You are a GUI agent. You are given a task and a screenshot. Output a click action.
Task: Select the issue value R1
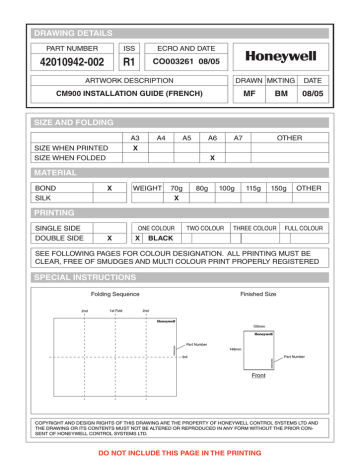click(128, 63)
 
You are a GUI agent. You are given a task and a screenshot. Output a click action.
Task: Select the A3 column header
click(135, 136)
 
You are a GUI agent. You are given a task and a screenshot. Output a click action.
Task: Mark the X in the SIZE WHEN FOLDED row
click(212, 158)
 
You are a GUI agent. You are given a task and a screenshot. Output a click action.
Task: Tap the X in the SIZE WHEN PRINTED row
click(135, 147)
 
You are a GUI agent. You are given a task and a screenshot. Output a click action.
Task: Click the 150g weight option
click(278, 187)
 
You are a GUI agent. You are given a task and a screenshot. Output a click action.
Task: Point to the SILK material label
click(45, 198)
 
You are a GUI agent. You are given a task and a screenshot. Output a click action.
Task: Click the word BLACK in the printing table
click(160, 239)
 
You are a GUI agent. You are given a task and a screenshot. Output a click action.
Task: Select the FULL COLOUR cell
click(304, 228)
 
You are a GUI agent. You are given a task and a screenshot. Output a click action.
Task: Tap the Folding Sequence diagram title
click(115, 296)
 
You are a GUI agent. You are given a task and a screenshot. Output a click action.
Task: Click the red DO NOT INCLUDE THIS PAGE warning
click(179, 453)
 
